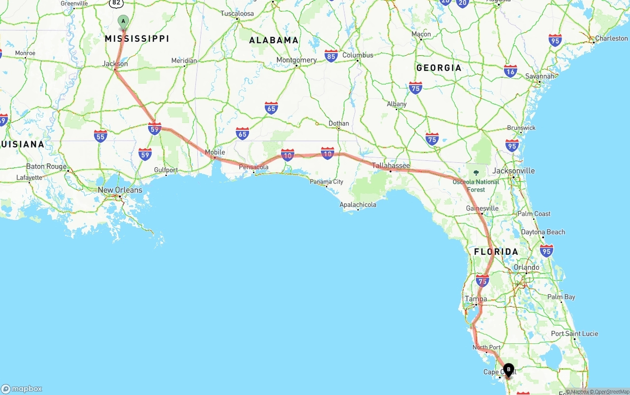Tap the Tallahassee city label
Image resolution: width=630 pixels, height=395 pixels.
pos(391,165)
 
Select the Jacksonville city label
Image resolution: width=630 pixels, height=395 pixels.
pos(513,171)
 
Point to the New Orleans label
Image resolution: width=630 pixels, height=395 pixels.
pos(120,190)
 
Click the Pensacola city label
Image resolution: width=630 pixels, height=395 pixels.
pos(253,167)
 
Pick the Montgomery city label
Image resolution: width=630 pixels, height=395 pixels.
pos(296,60)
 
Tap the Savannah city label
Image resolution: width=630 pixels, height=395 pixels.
pos(540,76)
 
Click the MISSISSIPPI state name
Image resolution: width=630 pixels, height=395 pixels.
pos(137,38)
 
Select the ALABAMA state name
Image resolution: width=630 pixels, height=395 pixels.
pos(274,40)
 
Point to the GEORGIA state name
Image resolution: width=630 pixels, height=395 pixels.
pos(439,68)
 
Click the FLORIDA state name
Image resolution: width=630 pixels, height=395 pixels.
pos(496,252)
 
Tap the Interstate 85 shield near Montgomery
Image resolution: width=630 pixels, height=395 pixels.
pos(331,56)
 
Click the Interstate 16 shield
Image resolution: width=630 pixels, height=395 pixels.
pos(510,71)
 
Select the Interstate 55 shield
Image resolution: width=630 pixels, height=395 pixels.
pos(100,136)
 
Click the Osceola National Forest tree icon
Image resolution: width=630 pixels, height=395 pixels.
pos(476,173)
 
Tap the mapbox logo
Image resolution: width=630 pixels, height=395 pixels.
pos(22,389)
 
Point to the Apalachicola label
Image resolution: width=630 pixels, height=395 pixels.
pos(358,205)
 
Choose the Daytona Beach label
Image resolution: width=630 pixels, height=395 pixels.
pos(543,232)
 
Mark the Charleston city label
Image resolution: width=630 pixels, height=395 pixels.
pos(611,38)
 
